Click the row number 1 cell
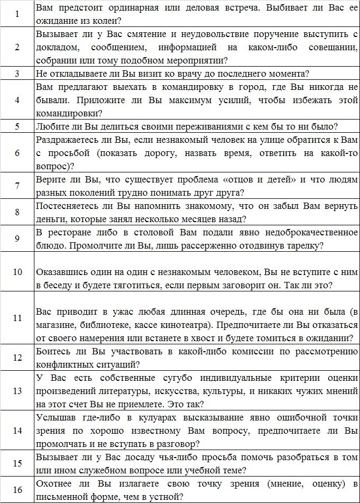(17, 15)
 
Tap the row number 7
(17, 186)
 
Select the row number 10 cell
(17, 272)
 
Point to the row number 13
(17, 391)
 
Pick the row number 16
(17, 490)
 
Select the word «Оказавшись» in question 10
(63, 272)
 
